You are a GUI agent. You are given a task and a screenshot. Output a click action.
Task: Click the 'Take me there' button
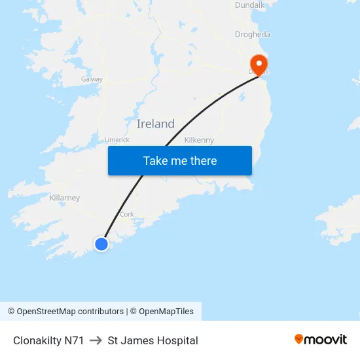pos(180,161)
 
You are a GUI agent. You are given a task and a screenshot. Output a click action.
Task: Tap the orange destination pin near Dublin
pos(259,65)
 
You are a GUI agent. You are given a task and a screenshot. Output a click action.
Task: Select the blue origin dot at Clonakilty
pos(101,243)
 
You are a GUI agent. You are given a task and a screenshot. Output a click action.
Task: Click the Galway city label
pos(92,79)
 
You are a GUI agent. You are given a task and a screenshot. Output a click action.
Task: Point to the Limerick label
pos(117,139)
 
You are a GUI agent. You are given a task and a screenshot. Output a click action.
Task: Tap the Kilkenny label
pos(199,140)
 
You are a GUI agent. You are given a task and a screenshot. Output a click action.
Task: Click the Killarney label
pos(64,198)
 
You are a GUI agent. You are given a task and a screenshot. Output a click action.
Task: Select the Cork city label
pos(127,214)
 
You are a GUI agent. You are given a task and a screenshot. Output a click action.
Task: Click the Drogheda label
pos(252,35)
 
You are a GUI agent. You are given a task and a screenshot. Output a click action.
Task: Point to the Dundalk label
pos(249,5)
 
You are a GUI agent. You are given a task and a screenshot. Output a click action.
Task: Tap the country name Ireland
pos(156,124)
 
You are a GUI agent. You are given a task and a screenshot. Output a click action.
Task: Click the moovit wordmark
pos(325,339)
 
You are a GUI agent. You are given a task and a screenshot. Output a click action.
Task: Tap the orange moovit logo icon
pos(299,339)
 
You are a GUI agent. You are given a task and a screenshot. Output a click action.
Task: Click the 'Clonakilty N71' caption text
pos(48,340)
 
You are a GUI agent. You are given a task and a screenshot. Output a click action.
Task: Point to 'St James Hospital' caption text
pos(153,340)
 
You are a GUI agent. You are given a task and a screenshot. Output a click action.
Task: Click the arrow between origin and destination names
pos(96,340)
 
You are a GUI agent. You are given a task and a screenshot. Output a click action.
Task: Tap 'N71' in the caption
pos(74,340)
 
